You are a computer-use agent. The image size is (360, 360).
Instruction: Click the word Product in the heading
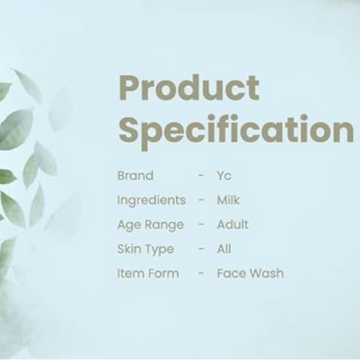click(x=189, y=89)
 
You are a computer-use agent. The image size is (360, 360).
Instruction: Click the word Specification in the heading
click(x=235, y=131)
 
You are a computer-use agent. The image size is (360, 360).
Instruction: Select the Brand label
click(x=134, y=176)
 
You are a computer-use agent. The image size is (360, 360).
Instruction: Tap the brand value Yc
click(x=225, y=176)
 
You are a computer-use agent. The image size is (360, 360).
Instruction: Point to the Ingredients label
click(x=151, y=200)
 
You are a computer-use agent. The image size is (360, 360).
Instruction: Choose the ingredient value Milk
click(x=230, y=200)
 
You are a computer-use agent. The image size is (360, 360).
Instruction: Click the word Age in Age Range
click(x=128, y=225)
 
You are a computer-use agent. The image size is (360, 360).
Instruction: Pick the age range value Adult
click(x=233, y=225)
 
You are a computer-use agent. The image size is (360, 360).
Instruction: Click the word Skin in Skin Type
click(x=129, y=249)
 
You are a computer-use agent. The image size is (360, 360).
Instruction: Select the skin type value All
click(x=224, y=249)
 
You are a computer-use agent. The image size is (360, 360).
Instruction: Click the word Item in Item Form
click(x=130, y=273)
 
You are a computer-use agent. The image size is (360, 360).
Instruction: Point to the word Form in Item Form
click(x=163, y=273)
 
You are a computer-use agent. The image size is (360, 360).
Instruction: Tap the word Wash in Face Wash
click(x=267, y=273)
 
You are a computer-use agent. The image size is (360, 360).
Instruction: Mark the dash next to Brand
click(x=200, y=176)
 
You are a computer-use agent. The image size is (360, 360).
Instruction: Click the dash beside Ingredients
click(x=200, y=200)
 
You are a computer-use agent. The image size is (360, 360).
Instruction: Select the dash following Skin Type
click(x=200, y=249)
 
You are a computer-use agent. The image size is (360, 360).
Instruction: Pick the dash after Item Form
click(x=200, y=273)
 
